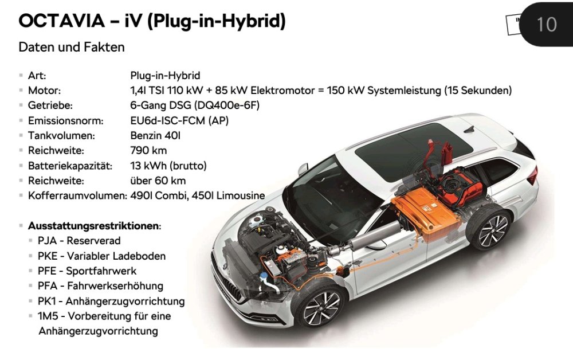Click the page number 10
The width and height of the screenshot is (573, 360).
[547, 25]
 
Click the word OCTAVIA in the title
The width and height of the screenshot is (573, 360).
[62, 21]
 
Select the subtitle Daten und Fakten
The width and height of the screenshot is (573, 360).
[72, 47]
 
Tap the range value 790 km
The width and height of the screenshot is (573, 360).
[148, 150]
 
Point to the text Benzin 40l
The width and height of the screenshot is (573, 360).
[155, 135]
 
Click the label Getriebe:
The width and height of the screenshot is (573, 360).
[50, 105]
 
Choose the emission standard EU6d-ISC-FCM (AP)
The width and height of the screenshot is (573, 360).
[179, 120]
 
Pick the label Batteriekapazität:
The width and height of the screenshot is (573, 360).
[70, 166]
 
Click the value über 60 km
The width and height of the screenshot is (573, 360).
[158, 181]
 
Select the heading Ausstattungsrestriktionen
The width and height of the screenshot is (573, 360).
[93, 225]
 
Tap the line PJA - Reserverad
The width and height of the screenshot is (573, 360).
[79, 241]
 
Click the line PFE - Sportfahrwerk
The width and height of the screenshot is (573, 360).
[87, 271]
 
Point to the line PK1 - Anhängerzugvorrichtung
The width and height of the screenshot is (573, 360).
[111, 301]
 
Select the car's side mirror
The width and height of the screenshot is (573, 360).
[303, 169]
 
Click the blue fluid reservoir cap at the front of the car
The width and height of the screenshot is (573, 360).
[264, 275]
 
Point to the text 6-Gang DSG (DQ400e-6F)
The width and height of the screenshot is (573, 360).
[195, 105]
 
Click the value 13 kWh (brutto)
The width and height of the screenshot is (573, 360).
[168, 166]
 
